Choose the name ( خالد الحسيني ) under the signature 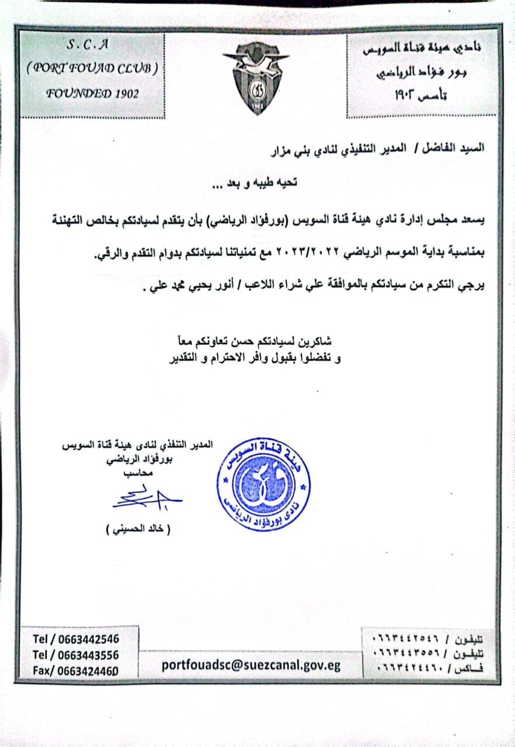(138, 530)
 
